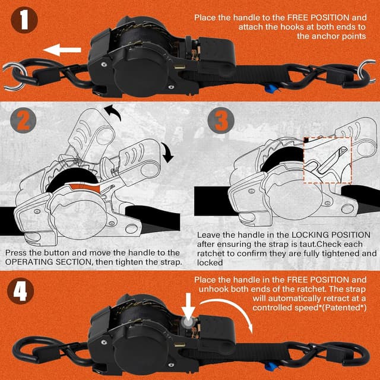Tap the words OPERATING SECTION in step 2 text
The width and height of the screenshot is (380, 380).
pos(45,262)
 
